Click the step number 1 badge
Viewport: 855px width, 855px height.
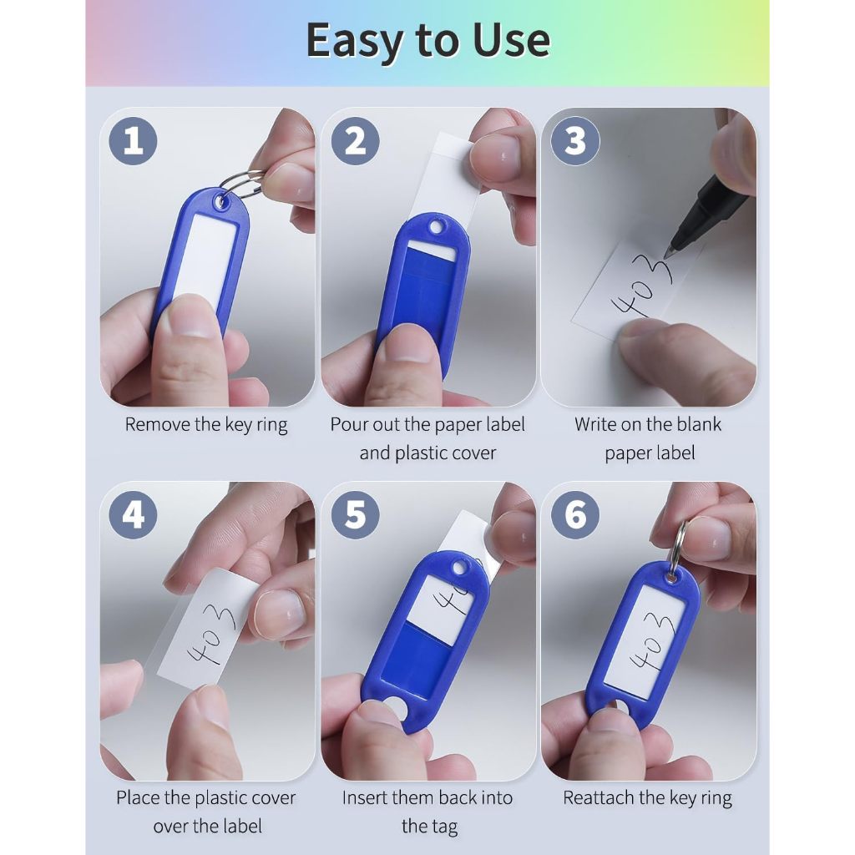click(x=133, y=141)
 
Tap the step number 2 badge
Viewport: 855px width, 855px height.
click(x=356, y=141)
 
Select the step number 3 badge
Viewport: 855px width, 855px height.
click(x=575, y=141)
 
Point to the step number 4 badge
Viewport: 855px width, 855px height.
click(x=133, y=514)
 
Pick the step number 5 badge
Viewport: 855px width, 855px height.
click(x=356, y=514)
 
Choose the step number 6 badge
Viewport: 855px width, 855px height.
click(x=575, y=514)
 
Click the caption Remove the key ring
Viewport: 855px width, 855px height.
click(x=206, y=425)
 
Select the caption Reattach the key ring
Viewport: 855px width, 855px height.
click(x=647, y=798)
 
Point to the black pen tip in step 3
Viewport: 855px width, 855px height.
click(x=667, y=254)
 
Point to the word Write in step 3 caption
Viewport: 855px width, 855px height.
click(x=594, y=424)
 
